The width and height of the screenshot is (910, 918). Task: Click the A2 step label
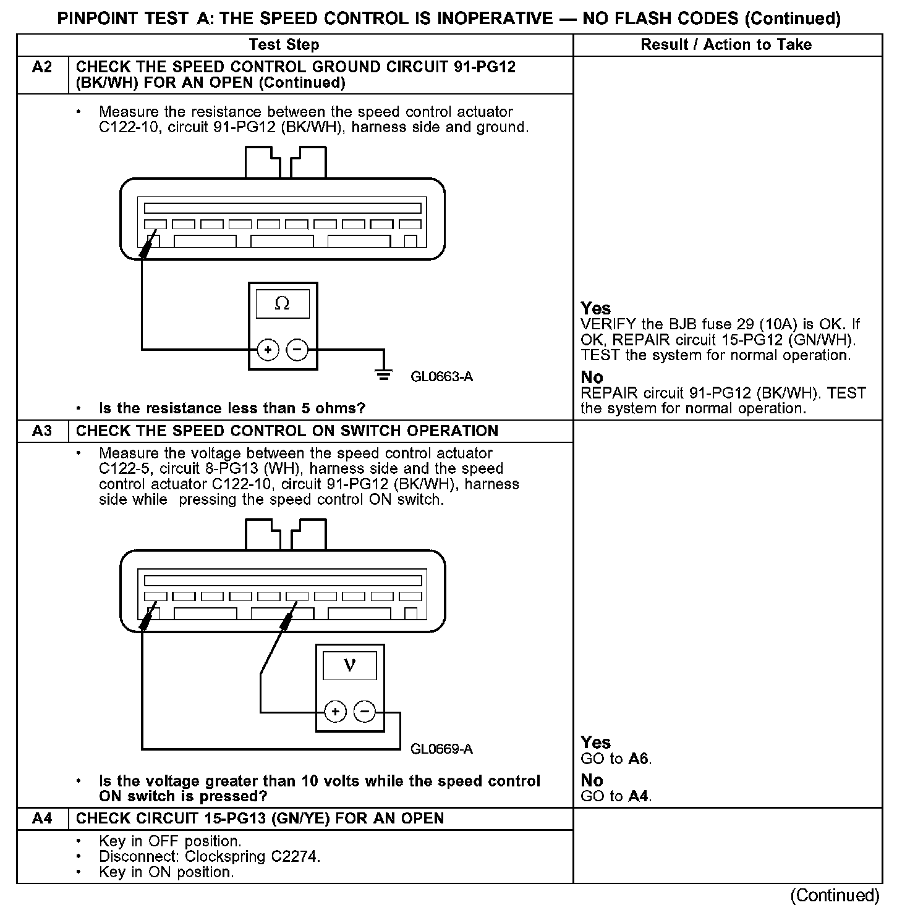tap(42, 67)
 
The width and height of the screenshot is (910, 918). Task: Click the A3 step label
tap(42, 431)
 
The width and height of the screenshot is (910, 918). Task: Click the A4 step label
tap(42, 819)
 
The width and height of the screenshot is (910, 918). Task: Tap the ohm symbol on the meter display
tap(282, 303)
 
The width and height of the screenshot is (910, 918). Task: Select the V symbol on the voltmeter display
tap(349, 665)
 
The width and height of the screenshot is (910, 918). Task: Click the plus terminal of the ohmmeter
tap(268, 350)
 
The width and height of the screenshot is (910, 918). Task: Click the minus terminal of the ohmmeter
tap(297, 350)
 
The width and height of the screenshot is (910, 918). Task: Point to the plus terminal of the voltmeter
tap(335, 712)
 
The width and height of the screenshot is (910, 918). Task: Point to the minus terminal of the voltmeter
tap(364, 712)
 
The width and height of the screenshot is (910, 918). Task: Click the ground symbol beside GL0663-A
tap(384, 374)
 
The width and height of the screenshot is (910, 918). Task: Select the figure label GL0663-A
tap(441, 376)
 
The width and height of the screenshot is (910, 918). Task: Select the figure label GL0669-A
tap(441, 749)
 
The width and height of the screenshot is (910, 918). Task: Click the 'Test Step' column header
tap(284, 44)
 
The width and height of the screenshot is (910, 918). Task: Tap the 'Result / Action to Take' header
tap(726, 44)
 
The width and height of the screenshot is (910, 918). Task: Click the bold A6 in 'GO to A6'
tap(639, 759)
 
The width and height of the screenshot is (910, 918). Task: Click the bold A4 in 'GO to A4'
tap(639, 796)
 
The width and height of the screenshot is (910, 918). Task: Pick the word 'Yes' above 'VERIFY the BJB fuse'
tap(595, 309)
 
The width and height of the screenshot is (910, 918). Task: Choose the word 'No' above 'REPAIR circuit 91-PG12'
tap(592, 377)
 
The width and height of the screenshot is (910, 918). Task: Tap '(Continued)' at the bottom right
tap(834, 895)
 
